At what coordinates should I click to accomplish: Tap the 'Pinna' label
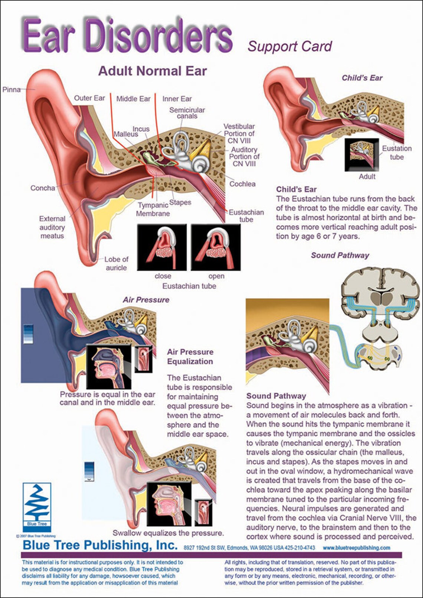(12, 89)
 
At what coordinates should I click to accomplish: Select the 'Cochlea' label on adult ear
(242, 184)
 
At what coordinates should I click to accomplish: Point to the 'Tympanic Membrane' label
(153, 209)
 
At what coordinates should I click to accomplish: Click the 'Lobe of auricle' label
(116, 263)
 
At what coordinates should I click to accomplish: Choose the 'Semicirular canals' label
(187, 113)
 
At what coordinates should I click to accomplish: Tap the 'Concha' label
(43, 188)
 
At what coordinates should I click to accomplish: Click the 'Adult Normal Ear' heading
(153, 71)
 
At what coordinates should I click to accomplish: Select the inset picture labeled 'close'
(162, 247)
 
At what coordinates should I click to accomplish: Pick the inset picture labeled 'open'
(216, 247)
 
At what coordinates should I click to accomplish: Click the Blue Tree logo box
(37, 507)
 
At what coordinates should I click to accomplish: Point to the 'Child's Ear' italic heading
(362, 78)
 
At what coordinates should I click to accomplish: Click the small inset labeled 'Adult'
(362, 155)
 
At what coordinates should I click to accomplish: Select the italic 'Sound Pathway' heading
(340, 255)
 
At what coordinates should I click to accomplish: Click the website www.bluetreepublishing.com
(356, 548)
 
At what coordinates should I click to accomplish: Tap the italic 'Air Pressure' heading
(146, 300)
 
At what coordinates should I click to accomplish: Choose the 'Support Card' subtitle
(290, 46)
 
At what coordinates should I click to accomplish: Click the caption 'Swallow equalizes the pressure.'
(168, 533)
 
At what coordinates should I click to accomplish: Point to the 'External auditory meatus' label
(52, 227)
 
